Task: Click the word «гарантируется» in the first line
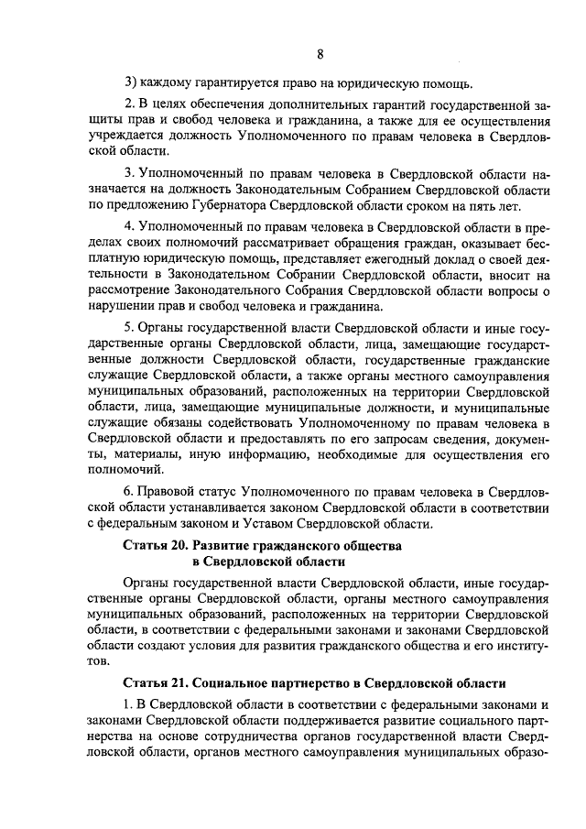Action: pyautogui.click(x=233, y=86)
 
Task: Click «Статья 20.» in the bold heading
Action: pyautogui.click(x=156, y=546)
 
